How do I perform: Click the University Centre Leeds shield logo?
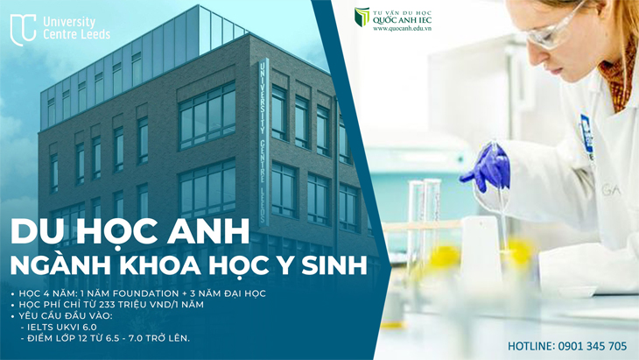[x=23, y=29]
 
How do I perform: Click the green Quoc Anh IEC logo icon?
[x=362, y=18]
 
